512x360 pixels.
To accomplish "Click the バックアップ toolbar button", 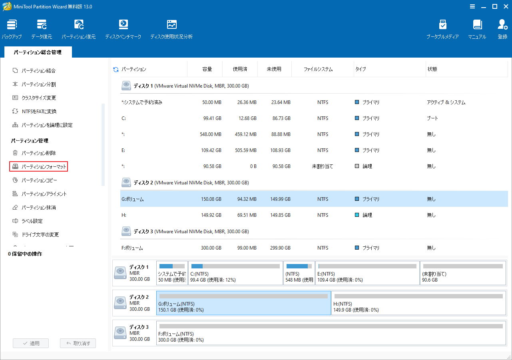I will (x=12, y=29).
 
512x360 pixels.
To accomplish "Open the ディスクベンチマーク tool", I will (x=123, y=29).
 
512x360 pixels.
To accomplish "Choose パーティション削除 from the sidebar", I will (x=38, y=153).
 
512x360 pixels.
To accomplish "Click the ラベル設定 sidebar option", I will (x=32, y=221).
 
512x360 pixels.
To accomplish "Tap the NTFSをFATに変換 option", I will (x=39, y=111).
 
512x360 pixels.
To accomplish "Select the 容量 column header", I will (x=207, y=69).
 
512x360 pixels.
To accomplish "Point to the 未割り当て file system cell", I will (x=323, y=166).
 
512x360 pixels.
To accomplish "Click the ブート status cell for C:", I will (x=432, y=118).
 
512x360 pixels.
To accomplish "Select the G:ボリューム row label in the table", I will (x=132, y=199).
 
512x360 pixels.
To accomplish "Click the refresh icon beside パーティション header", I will (x=116, y=70).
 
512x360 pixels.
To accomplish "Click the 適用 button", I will (x=31, y=343).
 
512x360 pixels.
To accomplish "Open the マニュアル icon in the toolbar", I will (x=477, y=29).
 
